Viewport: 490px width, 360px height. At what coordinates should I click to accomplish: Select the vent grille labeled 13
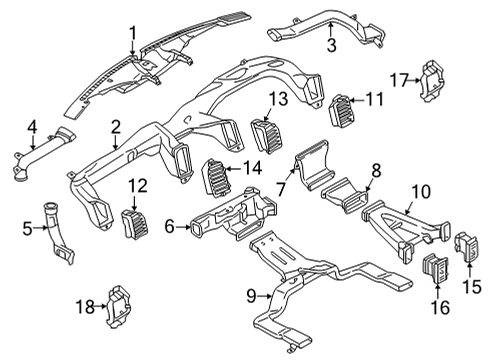270,133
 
